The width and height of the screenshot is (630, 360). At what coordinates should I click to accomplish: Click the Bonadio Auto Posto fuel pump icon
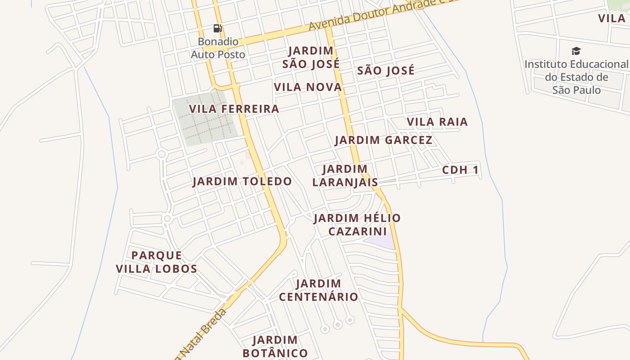[x=218, y=29]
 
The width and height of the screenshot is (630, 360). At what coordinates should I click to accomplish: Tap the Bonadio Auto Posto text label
[x=218, y=48]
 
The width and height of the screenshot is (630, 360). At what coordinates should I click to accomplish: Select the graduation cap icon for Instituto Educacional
[x=576, y=51]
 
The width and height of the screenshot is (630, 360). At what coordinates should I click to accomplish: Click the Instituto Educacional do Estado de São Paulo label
[x=576, y=77]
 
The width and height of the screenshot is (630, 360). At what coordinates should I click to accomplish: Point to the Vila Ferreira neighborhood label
[x=234, y=109]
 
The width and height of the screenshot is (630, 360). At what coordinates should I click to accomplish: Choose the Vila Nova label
[x=308, y=87]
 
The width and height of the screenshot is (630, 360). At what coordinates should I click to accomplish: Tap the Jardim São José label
[x=311, y=58]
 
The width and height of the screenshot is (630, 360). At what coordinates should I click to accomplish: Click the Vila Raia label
[x=437, y=122]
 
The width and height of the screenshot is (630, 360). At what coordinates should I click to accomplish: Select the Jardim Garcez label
[x=383, y=140]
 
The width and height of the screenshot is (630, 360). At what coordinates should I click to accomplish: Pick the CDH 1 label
[x=460, y=170]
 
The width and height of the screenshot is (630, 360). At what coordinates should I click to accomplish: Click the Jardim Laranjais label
[x=345, y=175]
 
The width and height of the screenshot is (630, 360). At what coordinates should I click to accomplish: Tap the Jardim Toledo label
[x=242, y=182]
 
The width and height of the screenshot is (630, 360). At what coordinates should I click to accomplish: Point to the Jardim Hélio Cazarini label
[x=357, y=225]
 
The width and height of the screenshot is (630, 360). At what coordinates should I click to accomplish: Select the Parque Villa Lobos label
[x=157, y=262]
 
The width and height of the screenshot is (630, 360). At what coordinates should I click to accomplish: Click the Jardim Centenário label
[x=319, y=290]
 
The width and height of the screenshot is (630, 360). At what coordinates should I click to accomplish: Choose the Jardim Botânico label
[x=275, y=346]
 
